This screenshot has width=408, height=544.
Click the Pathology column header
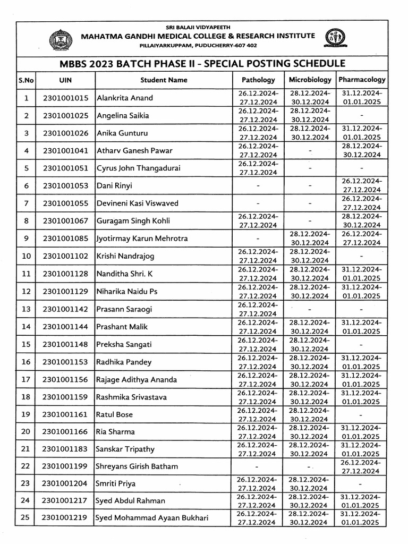pyautogui.click(x=258, y=80)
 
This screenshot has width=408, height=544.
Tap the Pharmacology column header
pyautogui.click(x=361, y=80)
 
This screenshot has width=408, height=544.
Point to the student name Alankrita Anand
pyautogui.click(x=124, y=98)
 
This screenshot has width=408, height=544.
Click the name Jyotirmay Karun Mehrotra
pyautogui.click(x=142, y=239)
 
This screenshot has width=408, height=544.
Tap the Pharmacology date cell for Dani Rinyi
pyautogui.click(x=361, y=185)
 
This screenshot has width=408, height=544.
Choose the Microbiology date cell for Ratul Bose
pyautogui.click(x=309, y=414)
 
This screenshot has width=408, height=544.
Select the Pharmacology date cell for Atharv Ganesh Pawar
pyautogui.click(x=361, y=150)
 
